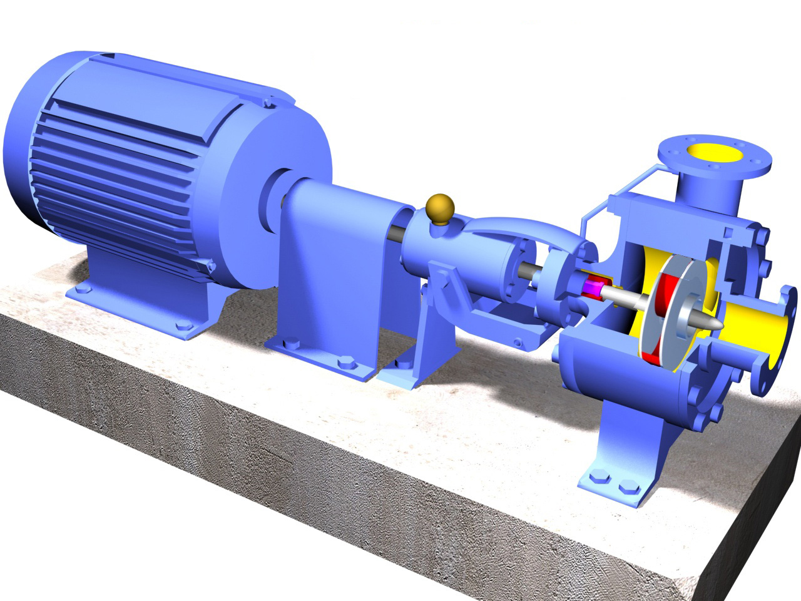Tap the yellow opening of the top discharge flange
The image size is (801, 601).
coord(715,152)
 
